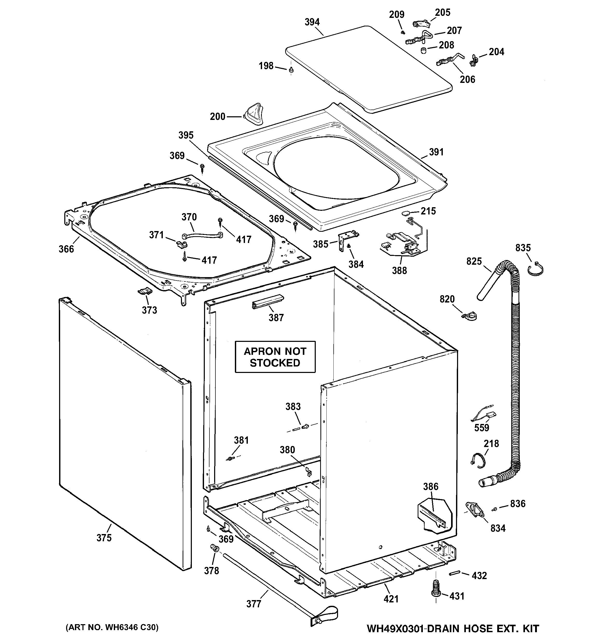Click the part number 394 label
(312, 22)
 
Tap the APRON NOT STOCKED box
(275, 357)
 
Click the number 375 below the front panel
(104, 538)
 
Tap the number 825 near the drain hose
(474, 262)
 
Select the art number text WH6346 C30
(112, 627)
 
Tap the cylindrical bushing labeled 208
(424, 51)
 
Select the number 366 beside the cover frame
(66, 249)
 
